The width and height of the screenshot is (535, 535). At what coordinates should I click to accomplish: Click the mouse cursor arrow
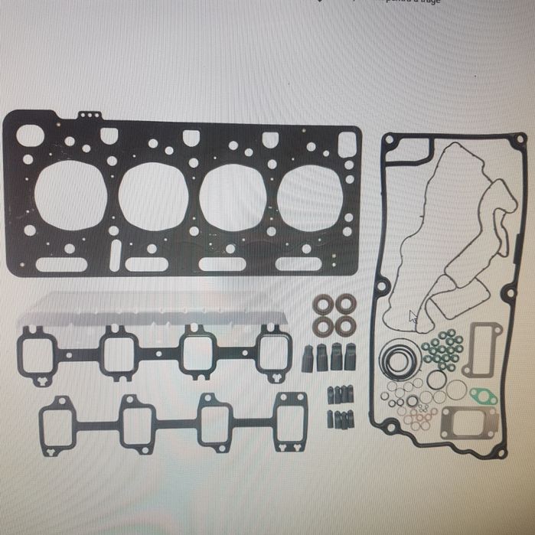click(x=413, y=316)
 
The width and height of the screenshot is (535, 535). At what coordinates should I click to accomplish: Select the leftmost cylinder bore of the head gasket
click(x=70, y=195)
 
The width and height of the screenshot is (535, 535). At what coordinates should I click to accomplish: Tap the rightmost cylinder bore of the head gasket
click(x=310, y=197)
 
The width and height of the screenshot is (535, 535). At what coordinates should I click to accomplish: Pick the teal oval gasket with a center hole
click(x=483, y=396)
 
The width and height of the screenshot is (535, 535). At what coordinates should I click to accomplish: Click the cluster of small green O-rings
click(x=443, y=348)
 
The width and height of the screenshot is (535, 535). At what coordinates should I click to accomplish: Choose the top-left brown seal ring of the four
click(x=321, y=303)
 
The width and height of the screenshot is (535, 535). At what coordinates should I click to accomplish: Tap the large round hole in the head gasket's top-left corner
click(x=30, y=136)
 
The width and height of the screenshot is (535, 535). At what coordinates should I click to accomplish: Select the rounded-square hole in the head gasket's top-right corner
click(x=347, y=143)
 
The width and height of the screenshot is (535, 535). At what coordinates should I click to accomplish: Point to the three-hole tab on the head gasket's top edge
click(x=90, y=115)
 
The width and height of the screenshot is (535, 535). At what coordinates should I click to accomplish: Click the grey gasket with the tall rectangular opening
click(x=486, y=341)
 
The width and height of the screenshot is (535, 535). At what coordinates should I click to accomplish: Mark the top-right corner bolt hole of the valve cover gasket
click(x=520, y=139)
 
